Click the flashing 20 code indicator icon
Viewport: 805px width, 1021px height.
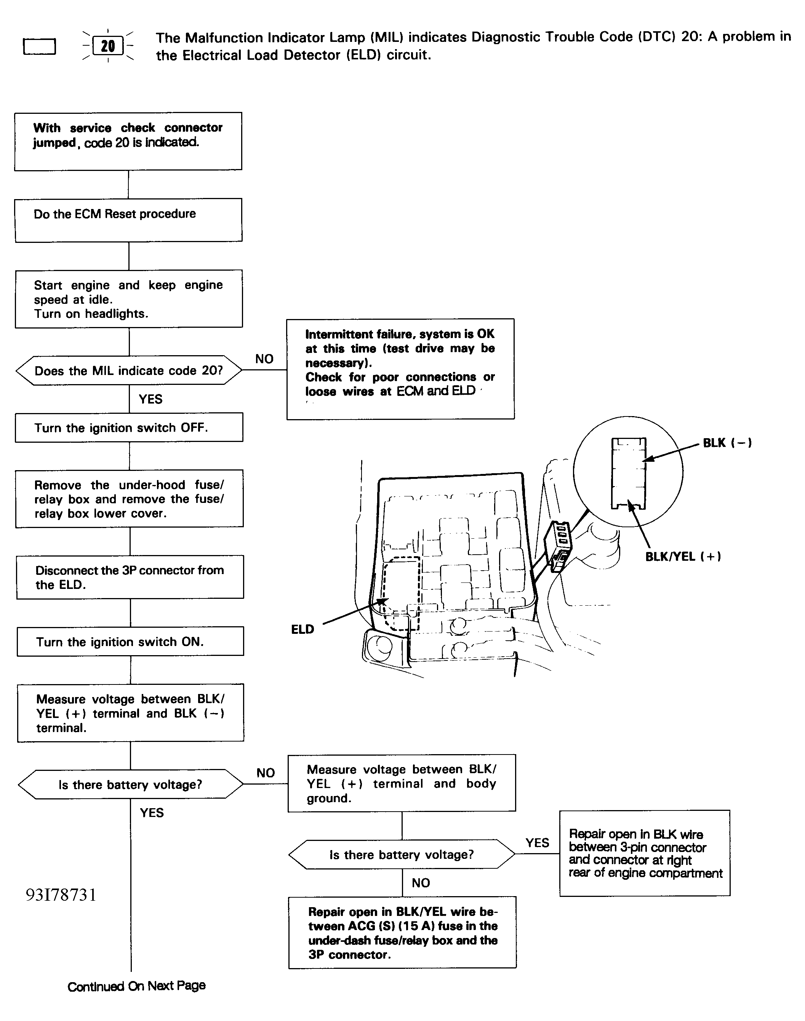point(108,46)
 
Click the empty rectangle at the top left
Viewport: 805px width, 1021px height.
point(40,46)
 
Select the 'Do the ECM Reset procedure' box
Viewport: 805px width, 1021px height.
point(129,220)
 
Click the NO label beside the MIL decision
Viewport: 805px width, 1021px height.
point(264,359)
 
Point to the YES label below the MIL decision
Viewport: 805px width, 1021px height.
point(150,399)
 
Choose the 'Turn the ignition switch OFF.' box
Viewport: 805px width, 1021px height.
point(129,428)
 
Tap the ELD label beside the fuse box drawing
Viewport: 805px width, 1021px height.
point(302,630)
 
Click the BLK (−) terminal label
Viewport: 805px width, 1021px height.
point(727,443)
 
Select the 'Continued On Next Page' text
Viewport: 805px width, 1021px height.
point(137,986)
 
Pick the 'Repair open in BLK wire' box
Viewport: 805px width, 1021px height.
point(644,853)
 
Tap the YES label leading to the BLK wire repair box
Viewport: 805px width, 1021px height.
point(537,842)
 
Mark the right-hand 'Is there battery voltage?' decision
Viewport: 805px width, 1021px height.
point(402,855)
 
